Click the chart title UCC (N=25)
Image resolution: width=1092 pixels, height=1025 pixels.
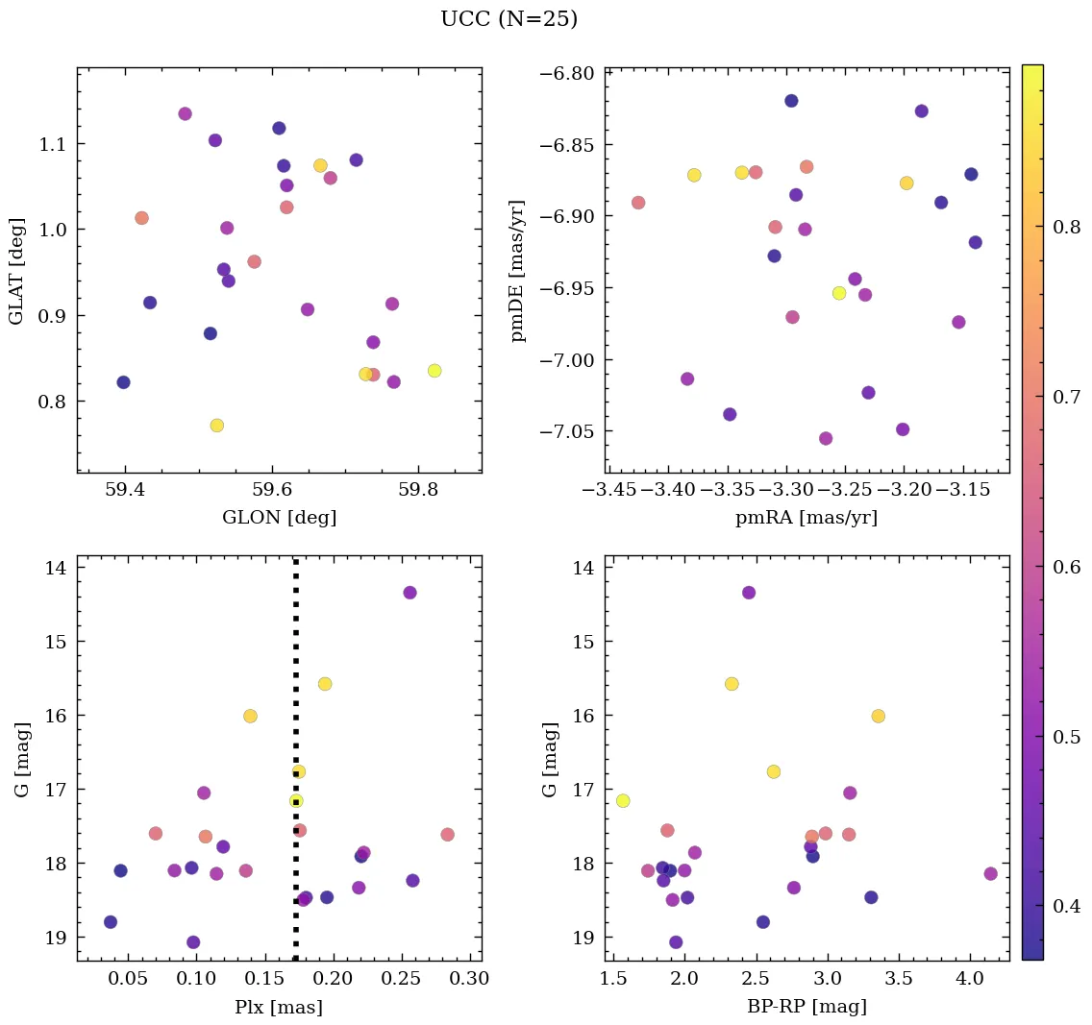point(509,19)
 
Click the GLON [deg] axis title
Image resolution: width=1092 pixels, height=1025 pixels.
point(279,518)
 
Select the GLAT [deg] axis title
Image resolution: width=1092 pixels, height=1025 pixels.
point(16,270)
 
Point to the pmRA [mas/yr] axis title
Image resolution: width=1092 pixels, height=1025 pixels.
point(806,518)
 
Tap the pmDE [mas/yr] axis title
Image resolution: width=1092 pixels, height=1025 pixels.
point(518,271)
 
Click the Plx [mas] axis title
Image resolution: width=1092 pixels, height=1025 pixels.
point(279,1007)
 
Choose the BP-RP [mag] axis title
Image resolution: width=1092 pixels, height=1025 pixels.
point(806,1007)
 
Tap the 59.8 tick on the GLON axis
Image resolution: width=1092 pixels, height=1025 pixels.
point(418,489)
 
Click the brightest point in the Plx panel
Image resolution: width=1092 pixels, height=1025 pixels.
point(409,593)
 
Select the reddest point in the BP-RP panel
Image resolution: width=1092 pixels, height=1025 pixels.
point(990,873)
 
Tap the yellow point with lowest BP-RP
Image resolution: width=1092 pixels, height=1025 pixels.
point(623,801)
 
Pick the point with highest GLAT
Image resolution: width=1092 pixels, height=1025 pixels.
point(185,114)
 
